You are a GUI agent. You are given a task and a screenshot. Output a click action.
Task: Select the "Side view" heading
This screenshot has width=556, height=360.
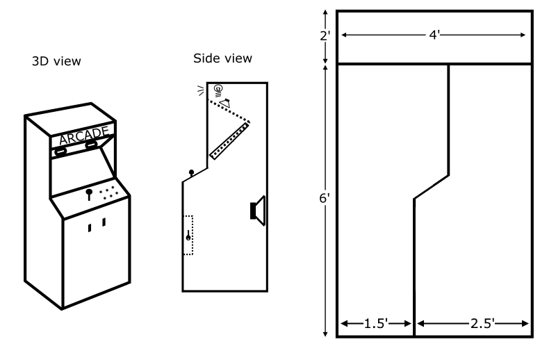[222, 58]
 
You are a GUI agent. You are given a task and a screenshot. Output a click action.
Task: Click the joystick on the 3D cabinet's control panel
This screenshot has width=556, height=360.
[89, 194]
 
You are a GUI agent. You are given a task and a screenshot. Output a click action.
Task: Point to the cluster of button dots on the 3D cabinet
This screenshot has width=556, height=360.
[108, 193]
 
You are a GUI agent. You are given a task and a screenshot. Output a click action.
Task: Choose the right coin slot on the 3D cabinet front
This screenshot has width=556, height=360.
[104, 223]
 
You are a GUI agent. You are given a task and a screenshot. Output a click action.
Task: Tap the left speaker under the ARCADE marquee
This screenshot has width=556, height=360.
[61, 150]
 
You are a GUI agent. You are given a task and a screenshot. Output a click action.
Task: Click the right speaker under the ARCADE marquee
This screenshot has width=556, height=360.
[91, 145]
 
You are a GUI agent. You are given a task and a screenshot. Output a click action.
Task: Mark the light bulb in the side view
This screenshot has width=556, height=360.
[218, 89]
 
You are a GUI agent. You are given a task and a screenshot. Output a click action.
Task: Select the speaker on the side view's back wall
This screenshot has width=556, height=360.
[258, 211]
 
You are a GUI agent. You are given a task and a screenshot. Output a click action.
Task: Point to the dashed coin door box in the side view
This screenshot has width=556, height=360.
[188, 235]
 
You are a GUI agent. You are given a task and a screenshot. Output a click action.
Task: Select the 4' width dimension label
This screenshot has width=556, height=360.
[433, 35]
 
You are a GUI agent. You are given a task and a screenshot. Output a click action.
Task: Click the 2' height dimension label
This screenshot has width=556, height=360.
[324, 36]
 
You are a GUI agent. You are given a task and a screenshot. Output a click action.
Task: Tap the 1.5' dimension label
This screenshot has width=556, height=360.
[375, 323]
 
